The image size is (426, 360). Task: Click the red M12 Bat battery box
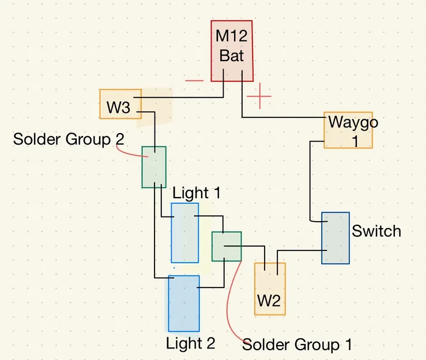point(232,51)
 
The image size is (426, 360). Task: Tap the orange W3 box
point(120,104)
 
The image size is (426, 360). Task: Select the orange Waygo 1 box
point(348,130)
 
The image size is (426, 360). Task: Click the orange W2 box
point(270,289)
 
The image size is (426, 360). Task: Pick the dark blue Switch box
point(335,238)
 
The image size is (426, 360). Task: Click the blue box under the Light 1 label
point(184,233)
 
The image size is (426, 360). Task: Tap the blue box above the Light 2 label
point(184,304)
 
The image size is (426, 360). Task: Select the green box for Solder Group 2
point(154,167)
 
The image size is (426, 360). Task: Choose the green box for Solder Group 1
point(227,247)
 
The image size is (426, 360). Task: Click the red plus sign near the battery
point(259,96)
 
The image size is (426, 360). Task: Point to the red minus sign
point(194,81)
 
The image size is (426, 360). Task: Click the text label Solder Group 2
point(69,139)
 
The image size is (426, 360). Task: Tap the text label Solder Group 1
point(297,344)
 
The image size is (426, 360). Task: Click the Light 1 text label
point(197,193)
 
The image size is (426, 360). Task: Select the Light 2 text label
point(190,343)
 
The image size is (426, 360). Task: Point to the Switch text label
point(376,231)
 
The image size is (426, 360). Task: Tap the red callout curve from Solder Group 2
point(130,154)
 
